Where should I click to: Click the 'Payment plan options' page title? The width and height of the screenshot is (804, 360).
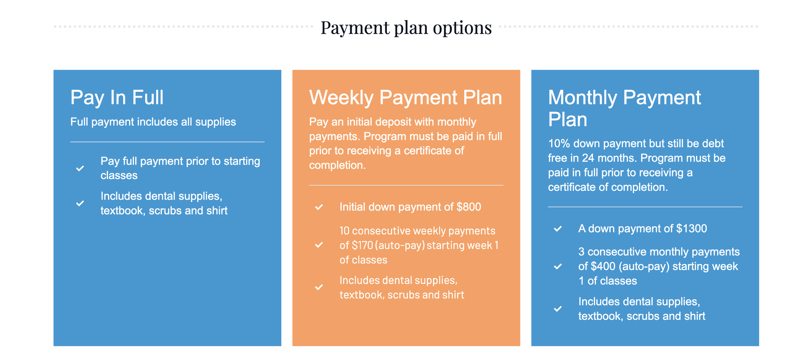coord(406,28)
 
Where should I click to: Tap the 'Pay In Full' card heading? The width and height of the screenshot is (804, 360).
coord(117,98)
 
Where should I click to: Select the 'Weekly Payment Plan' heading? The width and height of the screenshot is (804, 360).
coord(405,98)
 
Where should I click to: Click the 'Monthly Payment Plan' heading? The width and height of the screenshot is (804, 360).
coord(624,108)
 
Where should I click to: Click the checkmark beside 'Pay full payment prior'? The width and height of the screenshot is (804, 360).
coord(80,168)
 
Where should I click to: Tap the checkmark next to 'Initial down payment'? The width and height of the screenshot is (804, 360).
coord(319,207)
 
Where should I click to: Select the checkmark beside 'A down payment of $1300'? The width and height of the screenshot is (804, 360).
coord(558,229)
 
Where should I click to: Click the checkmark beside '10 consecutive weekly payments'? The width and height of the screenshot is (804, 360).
coord(319,245)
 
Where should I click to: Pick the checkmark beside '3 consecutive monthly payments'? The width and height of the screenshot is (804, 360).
coord(558,266)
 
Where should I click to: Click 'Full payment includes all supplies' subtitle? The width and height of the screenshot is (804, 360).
coord(153,122)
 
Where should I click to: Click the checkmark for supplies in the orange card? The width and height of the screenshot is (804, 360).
coord(319,287)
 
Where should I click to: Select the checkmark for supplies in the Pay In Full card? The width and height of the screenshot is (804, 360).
coord(80,203)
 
